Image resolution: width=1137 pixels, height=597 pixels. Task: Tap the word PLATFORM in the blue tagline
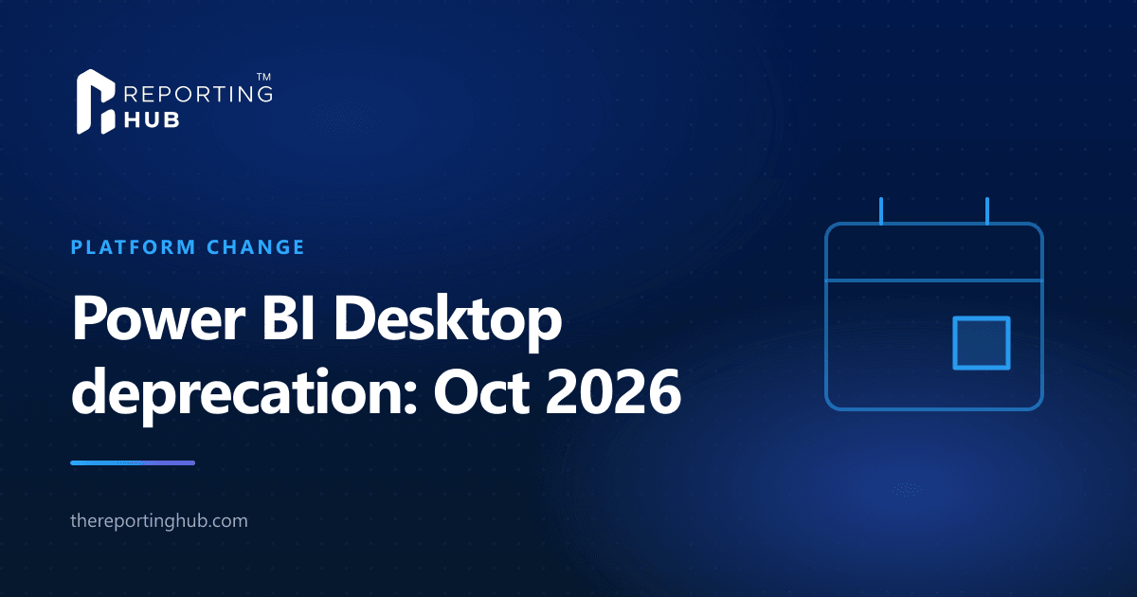[x=133, y=247]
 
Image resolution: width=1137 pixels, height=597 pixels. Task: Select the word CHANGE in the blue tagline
[x=255, y=247]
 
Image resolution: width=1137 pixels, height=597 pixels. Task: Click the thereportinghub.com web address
[x=159, y=521]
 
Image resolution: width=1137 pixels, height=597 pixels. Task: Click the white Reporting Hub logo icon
[x=96, y=101]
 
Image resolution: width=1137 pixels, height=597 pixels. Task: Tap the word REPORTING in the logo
[x=198, y=94]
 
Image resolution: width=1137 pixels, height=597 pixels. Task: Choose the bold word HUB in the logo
[x=152, y=120]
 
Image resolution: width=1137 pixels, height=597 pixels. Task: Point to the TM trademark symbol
[x=263, y=77]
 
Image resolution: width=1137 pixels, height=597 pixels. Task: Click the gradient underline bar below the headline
[x=133, y=463]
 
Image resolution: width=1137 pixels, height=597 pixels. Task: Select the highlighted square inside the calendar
[x=982, y=343]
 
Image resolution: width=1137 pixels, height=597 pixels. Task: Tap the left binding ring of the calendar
[x=881, y=210]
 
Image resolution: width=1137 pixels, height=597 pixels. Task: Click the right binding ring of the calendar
[x=987, y=210]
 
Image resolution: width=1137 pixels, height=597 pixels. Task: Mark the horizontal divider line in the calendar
[x=934, y=280]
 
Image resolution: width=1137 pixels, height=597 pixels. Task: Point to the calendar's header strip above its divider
[x=934, y=252]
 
